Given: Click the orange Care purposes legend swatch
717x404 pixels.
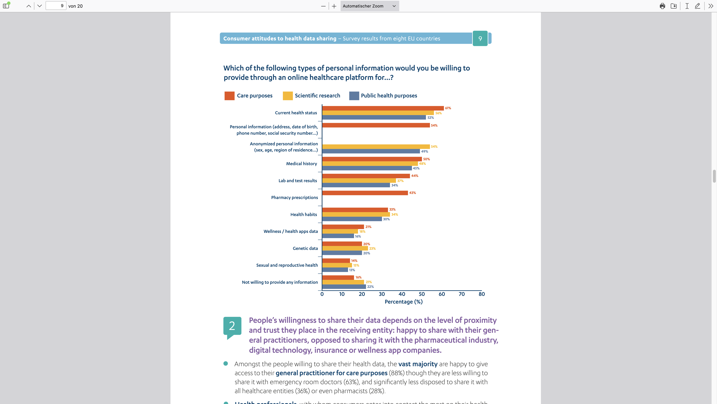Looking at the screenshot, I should (x=229, y=96).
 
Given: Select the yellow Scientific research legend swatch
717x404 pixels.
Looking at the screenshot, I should (x=288, y=96).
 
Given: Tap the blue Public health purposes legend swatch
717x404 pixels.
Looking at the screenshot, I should (x=354, y=96).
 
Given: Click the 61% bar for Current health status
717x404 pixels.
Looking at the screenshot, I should (x=383, y=108).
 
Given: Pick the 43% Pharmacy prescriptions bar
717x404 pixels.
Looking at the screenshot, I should (x=365, y=193).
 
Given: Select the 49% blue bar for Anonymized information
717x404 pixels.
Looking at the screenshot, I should (x=371, y=151).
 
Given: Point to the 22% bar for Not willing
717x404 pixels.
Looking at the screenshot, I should (x=344, y=287).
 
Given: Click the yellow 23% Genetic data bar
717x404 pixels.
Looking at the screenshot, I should (x=345, y=248).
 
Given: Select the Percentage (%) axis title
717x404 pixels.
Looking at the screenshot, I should (x=403, y=302).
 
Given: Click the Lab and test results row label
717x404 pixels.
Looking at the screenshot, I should (x=298, y=181).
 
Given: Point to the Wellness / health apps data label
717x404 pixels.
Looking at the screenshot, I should (x=291, y=231).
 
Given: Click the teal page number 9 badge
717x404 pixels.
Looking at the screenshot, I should (x=480, y=39).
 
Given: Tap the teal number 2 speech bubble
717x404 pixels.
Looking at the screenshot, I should (x=232, y=326).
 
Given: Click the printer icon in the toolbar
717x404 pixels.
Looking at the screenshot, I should (x=662, y=6).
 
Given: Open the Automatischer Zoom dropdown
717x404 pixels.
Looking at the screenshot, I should (x=369, y=6).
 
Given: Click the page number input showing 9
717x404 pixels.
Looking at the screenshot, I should (x=56, y=6).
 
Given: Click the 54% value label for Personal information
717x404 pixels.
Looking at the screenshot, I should (x=434, y=126).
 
